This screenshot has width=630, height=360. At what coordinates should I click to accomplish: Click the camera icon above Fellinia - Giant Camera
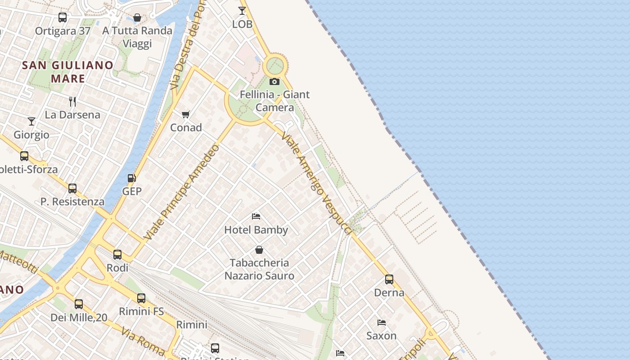(x=274, y=82)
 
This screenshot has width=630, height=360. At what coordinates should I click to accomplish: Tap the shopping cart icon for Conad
(x=185, y=115)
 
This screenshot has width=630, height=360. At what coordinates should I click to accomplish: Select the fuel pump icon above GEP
(x=131, y=178)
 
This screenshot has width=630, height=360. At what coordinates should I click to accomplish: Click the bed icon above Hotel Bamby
(x=256, y=216)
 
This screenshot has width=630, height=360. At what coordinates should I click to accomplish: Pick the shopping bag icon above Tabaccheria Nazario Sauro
(x=259, y=250)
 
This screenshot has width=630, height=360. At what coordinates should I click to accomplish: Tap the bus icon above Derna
(x=389, y=279)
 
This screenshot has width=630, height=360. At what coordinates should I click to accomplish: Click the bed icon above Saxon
(x=382, y=323)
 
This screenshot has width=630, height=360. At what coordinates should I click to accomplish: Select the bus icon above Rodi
(x=117, y=255)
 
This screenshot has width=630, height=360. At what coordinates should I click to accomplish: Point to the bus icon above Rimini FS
(x=141, y=298)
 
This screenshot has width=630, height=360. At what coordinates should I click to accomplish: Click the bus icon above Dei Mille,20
(x=79, y=304)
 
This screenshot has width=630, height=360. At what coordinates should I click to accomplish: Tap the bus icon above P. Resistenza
(x=72, y=189)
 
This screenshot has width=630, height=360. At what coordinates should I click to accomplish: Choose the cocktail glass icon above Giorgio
(x=31, y=121)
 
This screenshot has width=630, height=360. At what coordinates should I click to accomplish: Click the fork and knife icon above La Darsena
(x=72, y=102)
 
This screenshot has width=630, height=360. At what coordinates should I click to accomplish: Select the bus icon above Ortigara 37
(x=63, y=18)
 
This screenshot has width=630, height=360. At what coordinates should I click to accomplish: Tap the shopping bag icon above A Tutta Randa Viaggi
(x=137, y=18)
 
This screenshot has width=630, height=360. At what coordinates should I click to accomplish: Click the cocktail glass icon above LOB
(x=242, y=11)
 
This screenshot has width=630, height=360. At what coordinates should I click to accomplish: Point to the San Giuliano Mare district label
(x=68, y=72)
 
